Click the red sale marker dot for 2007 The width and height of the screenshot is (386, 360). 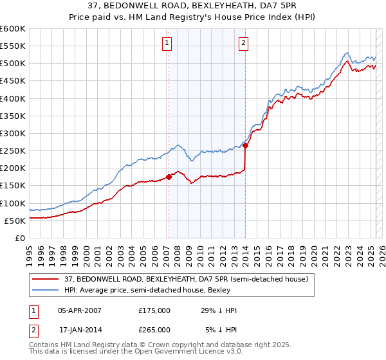[x=169, y=177]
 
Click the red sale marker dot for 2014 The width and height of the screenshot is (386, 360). [x=246, y=145]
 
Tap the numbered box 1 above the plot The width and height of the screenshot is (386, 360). [x=167, y=43]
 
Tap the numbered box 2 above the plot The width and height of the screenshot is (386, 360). [x=244, y=43]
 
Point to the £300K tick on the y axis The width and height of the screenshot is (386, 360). [x=13, y=133]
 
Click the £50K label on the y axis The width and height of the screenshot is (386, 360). [x=15, y=221]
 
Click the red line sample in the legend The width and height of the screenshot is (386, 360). [x=45, y=279]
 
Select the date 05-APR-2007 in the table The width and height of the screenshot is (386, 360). [x=79, y=310]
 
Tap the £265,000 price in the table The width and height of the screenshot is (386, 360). [x=154, y=329]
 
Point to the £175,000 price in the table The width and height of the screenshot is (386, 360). [x=154, y=310]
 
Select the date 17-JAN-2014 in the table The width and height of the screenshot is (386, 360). [x=79, y=329]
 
